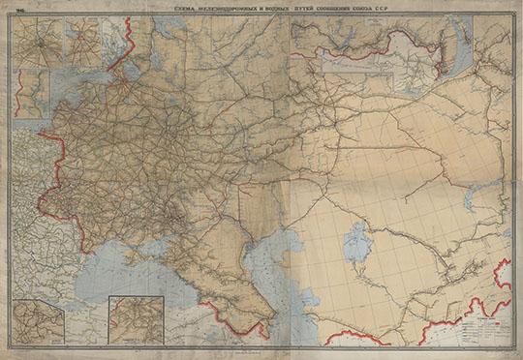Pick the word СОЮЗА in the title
tap(353, 8)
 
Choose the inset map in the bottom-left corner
tap(38, 321)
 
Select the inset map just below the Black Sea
tap(136, 319)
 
